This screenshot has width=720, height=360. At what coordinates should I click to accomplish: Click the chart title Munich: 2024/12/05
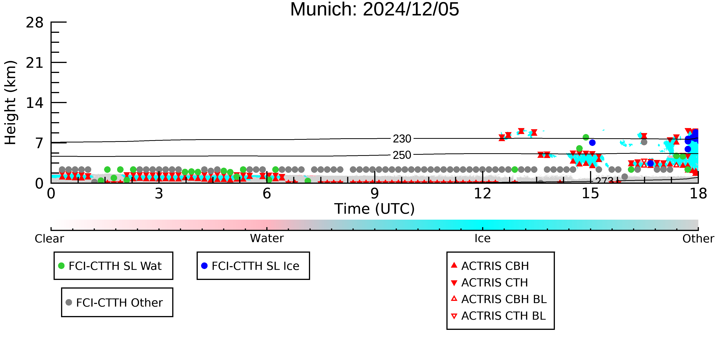[x=375, y=9]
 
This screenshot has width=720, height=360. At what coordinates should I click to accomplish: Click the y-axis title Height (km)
[x=11, y=103]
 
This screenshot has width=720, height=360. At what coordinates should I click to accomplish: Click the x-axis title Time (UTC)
[x=375, y=209]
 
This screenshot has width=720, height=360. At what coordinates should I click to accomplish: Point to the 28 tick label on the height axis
[x=35, y=22]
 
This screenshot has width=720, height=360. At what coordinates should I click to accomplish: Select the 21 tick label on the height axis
[x=35, y=63]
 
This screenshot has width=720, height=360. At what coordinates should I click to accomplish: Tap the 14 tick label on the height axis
[x=35, y=103]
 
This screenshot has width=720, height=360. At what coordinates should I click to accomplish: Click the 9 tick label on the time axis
[x=375, y=193]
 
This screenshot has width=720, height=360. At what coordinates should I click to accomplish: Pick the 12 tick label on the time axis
[x=482, y=193]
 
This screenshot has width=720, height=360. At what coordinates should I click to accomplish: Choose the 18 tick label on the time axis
[x=698, y=193]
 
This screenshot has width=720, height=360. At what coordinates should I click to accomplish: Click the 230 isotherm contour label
[x=402, y=139]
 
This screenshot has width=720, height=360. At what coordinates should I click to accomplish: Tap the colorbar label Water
[x=267, y=238]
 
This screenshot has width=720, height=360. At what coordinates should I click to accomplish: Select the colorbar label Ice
[x=483, y=238]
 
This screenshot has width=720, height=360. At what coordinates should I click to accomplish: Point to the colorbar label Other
[x=698, y=239]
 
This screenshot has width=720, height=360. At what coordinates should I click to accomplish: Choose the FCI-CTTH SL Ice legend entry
[x=250, y=266]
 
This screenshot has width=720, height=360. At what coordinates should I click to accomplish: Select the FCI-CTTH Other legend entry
[x=114, y=302]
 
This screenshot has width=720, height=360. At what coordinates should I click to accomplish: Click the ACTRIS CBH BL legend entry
[x=499, y=299]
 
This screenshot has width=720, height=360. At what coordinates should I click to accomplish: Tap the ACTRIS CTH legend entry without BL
[x=489, y=283]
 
